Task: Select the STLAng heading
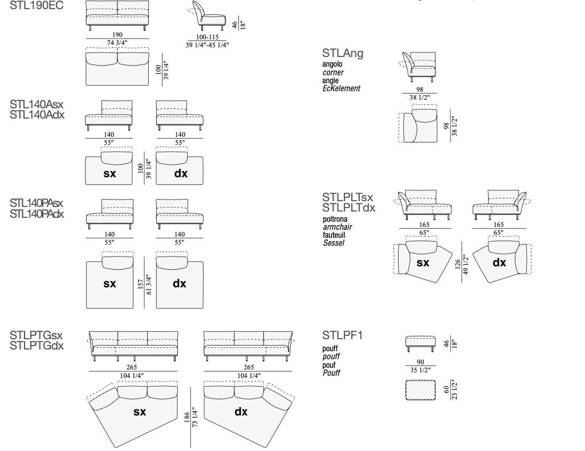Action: coord(342,54)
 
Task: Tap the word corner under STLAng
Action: coord(333,73)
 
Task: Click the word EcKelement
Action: coord(341,88)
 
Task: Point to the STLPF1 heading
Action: coord(342,335)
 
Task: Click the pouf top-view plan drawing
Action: coord(421,391)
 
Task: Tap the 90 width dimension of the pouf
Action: coord(421,362)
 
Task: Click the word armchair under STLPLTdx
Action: coord(337,227)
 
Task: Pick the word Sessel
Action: coord(334,243)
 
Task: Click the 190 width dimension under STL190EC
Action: coord(117,35)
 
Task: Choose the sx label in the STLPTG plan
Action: coord(140,411)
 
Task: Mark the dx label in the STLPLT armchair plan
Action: coord(499,263)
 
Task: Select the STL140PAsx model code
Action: coord(36,203)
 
